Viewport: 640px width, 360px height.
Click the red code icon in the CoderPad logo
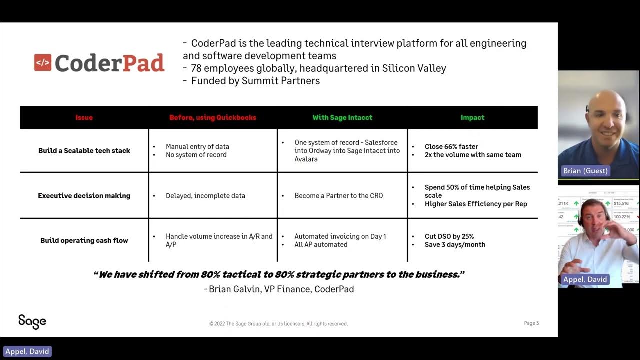[43, 63]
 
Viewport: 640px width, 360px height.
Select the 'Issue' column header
[84, 118]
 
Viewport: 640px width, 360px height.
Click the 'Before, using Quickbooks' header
[212, 118]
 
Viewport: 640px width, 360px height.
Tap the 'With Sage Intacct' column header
[342, 118]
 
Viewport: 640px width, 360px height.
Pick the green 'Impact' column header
[472, 118]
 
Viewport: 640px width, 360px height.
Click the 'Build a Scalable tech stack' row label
[84, 151]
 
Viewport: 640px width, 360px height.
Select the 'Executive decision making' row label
[84, 196]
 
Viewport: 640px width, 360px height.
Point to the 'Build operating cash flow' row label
[84, 240]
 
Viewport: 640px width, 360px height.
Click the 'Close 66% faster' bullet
[451, 147]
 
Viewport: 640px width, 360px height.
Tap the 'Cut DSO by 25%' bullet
[449, 236]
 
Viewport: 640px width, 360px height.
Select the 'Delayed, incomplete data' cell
[205, 196]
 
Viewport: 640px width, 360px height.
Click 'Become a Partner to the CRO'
[338, 196]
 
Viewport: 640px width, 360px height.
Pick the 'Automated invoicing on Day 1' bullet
[340, 236]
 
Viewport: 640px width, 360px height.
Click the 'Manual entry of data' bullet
[197, 147]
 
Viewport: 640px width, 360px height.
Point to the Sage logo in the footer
[32, 321]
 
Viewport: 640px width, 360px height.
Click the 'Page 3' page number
[531, 323]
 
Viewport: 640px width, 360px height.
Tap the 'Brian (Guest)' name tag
[585, 171]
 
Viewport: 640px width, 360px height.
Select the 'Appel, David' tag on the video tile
[585, 279]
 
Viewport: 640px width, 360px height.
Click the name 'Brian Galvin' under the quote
[234, 289]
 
